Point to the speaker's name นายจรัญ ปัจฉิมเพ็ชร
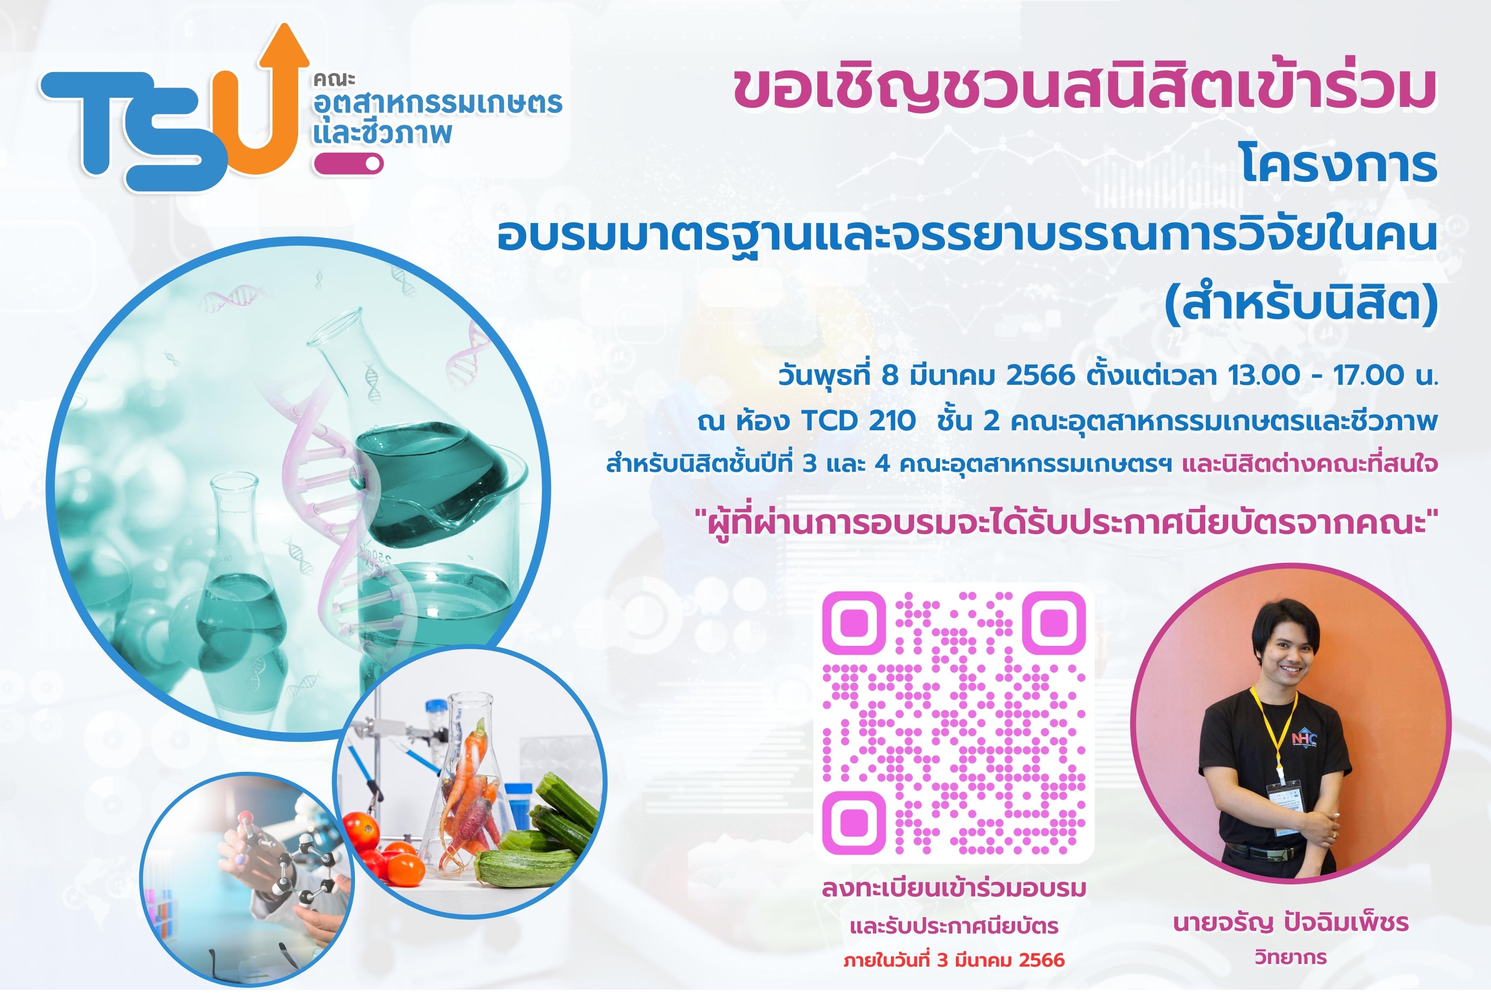point(1291,923)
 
